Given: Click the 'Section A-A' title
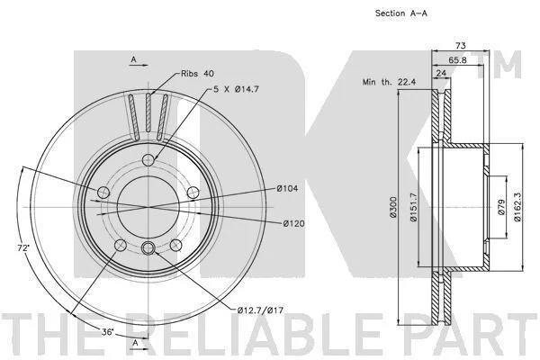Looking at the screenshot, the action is [401, 13].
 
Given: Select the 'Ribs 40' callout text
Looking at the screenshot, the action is [197, 74].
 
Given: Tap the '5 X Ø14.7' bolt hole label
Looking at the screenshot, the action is [236, 89].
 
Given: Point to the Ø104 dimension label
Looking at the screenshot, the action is [287, 188].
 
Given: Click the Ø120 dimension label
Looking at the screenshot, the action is [294, 223].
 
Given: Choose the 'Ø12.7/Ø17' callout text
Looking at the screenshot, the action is [260, 310].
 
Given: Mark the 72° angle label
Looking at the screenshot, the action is [23, 247].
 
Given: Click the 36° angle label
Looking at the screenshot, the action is [107, 332].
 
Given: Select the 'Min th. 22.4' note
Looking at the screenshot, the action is [389, 82].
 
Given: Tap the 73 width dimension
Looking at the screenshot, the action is [461, 45].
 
